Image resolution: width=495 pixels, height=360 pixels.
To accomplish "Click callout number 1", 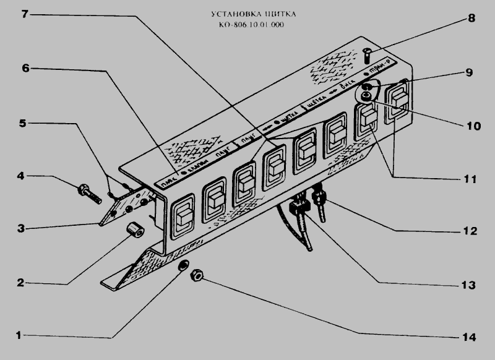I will pos(19,335).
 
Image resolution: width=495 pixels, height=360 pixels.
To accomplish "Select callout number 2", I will pos(19,283).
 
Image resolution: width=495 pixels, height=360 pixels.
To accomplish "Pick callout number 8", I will pos(471,18).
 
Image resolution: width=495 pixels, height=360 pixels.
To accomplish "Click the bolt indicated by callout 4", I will pos(90,193).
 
